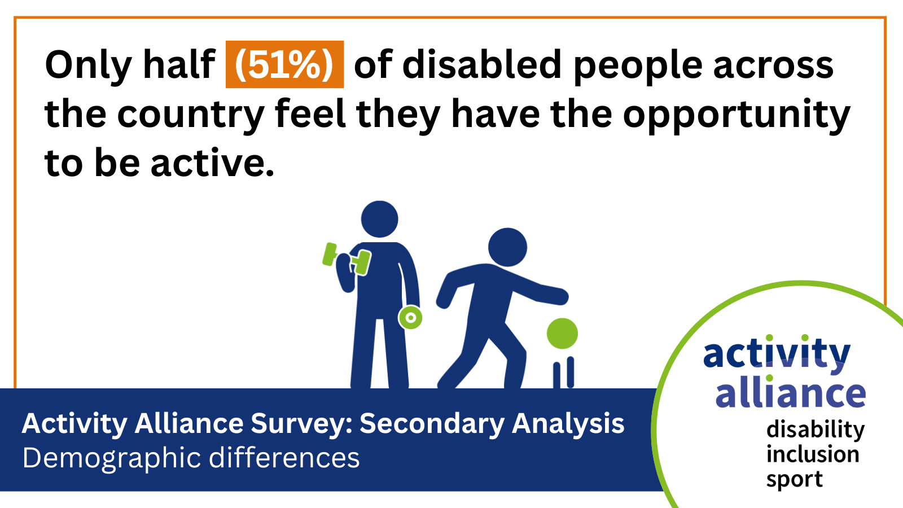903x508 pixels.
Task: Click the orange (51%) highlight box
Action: pos(284,64)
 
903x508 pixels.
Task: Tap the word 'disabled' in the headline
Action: pos(482,64)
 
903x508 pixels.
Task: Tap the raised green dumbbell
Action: pos(347,259)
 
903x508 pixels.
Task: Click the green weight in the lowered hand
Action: pos(410,318)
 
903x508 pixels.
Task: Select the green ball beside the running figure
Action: pos(562,334)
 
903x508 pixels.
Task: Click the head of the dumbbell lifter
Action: pos(379,220)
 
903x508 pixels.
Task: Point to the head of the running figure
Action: pos(507,247)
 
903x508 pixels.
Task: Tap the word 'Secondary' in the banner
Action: pos(432,424)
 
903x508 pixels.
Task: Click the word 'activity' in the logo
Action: pos(777,353)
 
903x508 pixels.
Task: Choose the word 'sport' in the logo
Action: pos(794,480)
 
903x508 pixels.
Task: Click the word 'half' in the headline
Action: pos(179,64)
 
